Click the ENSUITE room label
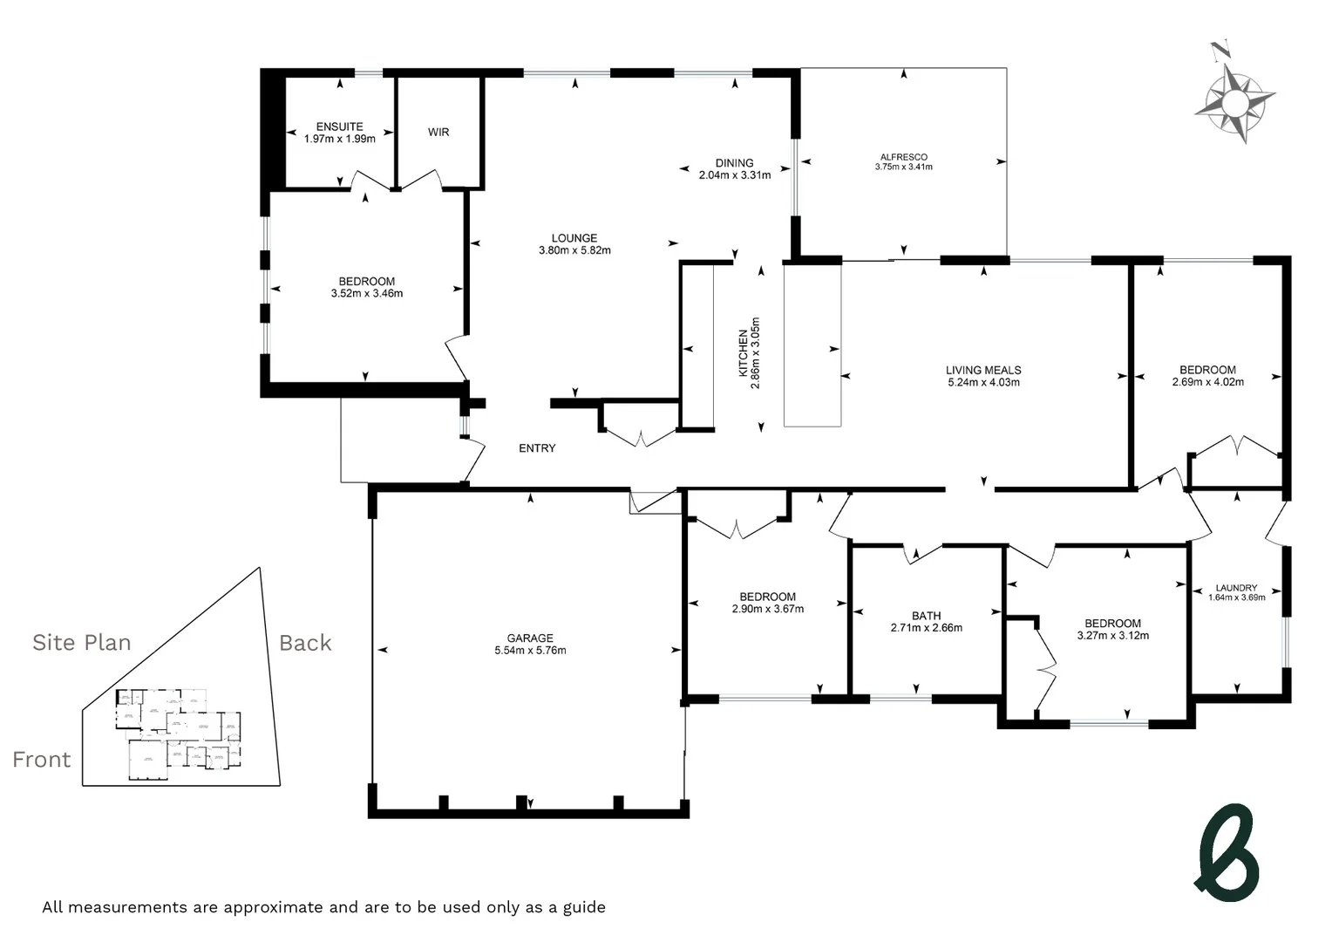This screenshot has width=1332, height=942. click(339, 126)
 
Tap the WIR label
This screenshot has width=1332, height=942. click(438, 133)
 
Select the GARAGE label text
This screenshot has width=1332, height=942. click(530, 638)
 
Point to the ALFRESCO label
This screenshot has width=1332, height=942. click(904, 157)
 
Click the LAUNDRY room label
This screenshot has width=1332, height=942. click(1236, 588)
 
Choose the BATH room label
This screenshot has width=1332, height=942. click(926, 616)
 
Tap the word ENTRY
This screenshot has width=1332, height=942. click(537, 448)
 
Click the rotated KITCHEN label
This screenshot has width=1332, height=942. click(743, 353)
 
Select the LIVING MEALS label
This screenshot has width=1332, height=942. click(983, 370)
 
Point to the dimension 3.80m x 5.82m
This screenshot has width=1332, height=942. click(574, 250)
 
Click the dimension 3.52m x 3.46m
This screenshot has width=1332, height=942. click(366, 294)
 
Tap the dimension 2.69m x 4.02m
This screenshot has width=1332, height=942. click(1207, 382)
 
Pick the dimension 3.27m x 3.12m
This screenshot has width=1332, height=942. click(1112, 636)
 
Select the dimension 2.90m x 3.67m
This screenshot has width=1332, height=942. click(767, 609)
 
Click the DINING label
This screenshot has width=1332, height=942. click(734, 163)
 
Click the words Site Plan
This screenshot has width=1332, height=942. click(82, 643)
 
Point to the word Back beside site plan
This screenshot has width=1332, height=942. click(305, 643)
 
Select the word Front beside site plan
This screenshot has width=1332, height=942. click(42, 760)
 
